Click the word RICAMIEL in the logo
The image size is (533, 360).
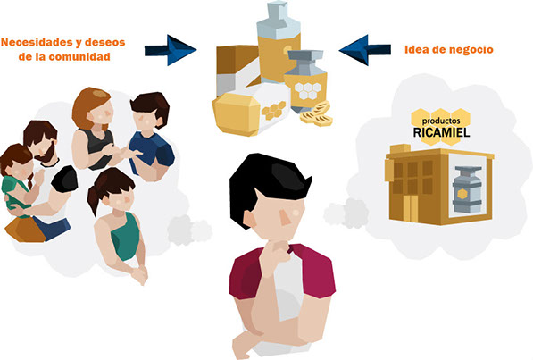(x=442, y=132)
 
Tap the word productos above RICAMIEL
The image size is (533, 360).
(x=441, y=121)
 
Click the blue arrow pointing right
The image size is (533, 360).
(x=171, y=50)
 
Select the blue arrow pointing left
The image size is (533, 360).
(x=365, y=50)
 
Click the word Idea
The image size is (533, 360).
(x=414, y=49)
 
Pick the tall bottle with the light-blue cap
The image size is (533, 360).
(x=279, y=43)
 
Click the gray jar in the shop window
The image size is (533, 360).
(x=467, y=189)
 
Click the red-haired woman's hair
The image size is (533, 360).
(x=88, y=106)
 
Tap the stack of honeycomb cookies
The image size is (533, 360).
(x=316, y=114)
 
